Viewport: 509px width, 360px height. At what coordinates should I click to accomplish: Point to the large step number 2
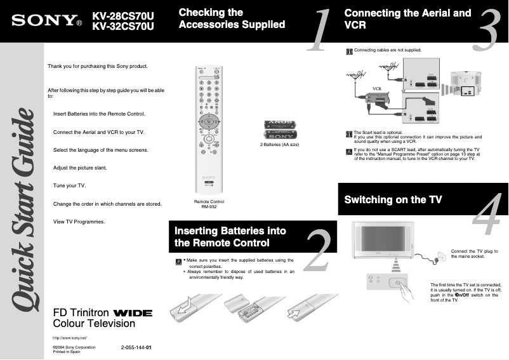(x=318, y=250)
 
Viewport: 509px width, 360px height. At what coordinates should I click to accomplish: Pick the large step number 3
(x=485, y=30)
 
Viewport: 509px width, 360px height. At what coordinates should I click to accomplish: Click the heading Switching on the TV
(x=393, y=199)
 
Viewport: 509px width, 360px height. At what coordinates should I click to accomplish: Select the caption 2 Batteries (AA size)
(x=279, y=145)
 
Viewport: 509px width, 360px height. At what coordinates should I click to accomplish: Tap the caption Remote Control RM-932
(x=209, y=204)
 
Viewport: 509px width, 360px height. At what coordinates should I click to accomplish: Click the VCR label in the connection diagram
(x=376, y=88)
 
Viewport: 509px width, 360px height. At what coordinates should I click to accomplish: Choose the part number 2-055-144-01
(x=136, y=348)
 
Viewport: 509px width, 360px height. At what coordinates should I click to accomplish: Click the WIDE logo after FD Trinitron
(x=132, y=313)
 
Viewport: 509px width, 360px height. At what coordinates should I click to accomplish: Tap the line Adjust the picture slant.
(x=80, y=168)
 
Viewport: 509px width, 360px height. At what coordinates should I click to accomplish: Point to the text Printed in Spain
(x=66, y=352)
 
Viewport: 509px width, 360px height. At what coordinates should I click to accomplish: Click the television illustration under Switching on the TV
(x=380, y=239)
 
